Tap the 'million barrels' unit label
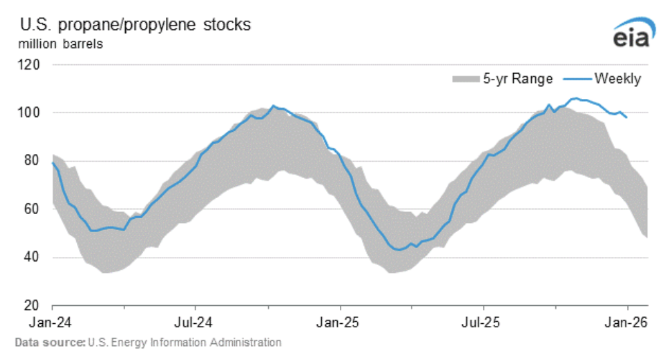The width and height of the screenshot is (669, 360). (x=61, y=45)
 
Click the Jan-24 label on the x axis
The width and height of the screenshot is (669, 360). (x=52, y=323)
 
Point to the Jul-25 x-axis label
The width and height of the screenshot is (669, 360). (x=483, y=323)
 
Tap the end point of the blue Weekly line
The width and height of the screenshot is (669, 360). (x=627, y=118)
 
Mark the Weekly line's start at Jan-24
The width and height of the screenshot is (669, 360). (x=52, y=163)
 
